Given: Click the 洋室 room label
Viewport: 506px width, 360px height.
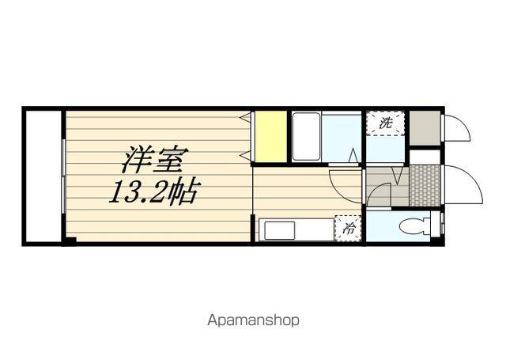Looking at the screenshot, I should [153, 161].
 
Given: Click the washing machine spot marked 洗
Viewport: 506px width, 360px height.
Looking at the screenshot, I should [386, 123].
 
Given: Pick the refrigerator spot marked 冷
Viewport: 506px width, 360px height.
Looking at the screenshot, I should [347, 230].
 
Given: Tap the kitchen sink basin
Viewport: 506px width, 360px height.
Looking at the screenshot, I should [278, 231].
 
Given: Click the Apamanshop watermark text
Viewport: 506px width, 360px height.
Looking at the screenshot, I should [253, 320].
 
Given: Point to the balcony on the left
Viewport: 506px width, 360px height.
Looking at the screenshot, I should [41, 175].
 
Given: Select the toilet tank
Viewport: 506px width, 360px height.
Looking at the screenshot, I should [431, 227].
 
